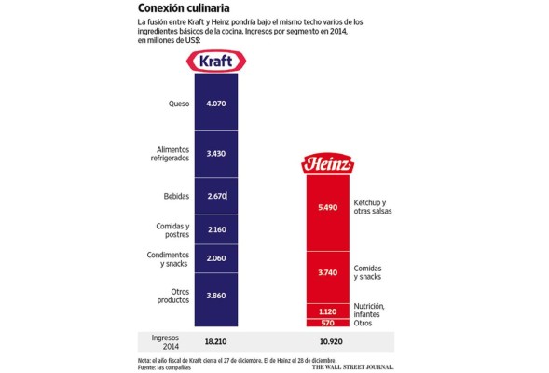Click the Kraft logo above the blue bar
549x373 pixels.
(217, 62)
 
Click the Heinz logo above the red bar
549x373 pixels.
(327, 164)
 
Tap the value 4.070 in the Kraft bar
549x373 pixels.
(216, 103)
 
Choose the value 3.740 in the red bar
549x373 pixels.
(326, 273)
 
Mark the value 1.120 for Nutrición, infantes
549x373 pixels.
(326, 311)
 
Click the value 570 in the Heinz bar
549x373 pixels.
(326, 324)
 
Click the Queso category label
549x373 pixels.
(179, 103)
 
